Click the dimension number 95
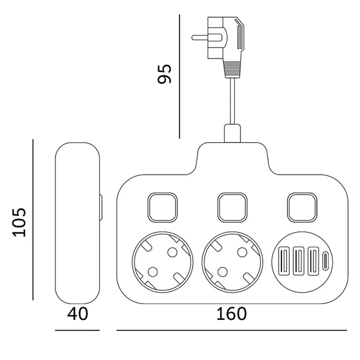tap(165, 74)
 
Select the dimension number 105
tap(19, 222)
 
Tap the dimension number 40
tap(77, 314)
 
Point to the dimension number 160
tap(231, 314)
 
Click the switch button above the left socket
tap(162, 208)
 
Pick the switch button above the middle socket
tap(233, 208)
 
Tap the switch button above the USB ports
tap(302, 208)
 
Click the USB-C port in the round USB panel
tap(325, 261)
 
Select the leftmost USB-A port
tap(284, 261)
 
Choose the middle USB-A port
tap(299, 261)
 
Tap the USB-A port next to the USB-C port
tap(313, 261)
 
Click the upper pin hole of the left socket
tap(172, 253)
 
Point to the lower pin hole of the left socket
tap(153, 272)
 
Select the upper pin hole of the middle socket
tap(242, 253)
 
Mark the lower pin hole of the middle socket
tap(222, 272)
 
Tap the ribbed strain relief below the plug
tap(233, 70)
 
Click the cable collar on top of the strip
tap(233, 133)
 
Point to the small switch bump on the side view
tap(101, 208)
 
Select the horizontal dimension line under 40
tap(77, 330)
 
